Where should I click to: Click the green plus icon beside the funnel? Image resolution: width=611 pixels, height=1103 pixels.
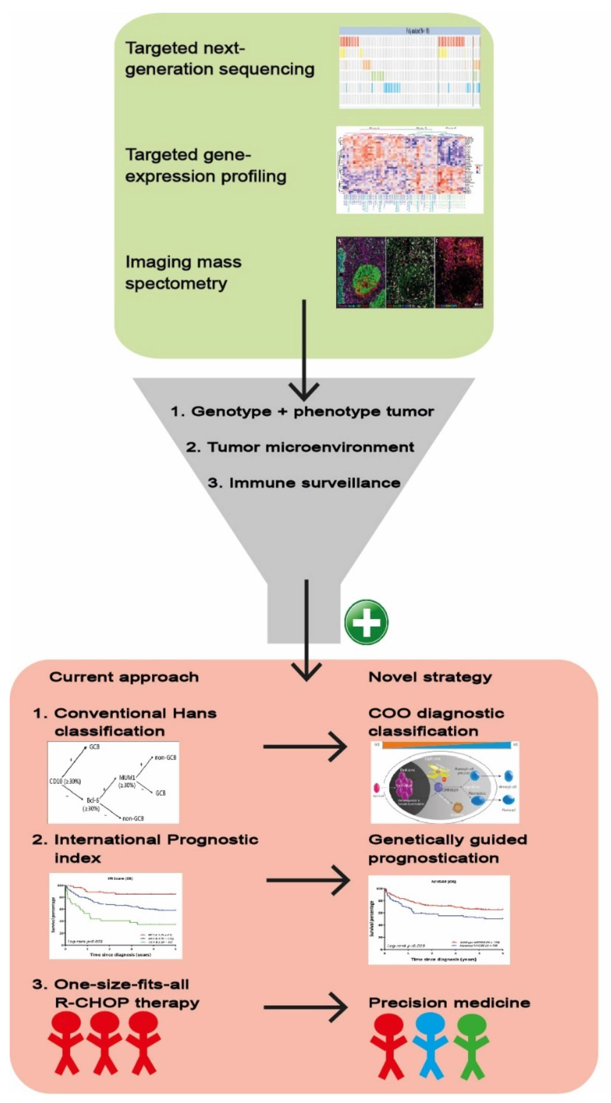[366, 622]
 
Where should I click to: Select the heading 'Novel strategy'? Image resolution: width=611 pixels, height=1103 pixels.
[430, 677]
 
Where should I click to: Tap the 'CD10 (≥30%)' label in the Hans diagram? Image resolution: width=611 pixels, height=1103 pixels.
[65, 781]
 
